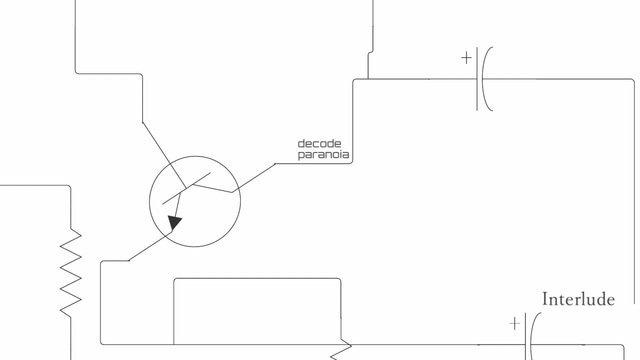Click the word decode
point(319,144)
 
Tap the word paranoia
point(323,155)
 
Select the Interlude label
point(578,299)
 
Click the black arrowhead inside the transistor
point(175,223)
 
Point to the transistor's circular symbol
point(149,201)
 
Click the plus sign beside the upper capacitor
point(466,58)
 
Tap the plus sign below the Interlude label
point(515,323)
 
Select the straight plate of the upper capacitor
point(477,79)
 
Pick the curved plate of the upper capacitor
point(483,79)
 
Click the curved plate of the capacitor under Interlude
point(531,339)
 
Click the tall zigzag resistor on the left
point(71,272)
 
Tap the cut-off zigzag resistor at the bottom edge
point(341,349)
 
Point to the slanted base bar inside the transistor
point(187,188)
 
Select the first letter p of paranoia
point(301,156)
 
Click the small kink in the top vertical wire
point(370,52)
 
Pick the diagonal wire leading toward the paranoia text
point(253,178)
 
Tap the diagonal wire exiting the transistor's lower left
point(151,246)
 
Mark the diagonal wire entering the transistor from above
point(164,155)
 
